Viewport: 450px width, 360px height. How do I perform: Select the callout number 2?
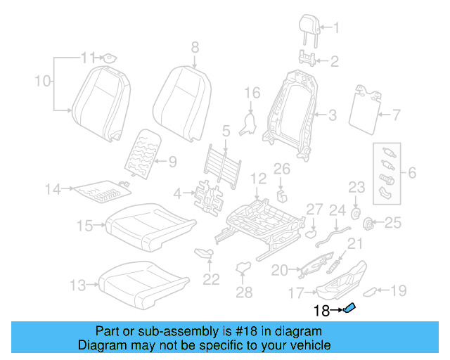click(x=335, y=62)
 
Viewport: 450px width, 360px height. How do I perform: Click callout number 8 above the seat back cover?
click(x=195, y=47)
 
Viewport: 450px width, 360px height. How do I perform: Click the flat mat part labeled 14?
click(x=102, y=189)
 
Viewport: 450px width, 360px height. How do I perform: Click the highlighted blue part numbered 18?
click(x=349, y=308)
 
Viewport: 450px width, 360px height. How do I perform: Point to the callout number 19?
click(x=398, y=289)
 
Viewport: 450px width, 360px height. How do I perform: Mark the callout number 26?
click(x=281, y=169)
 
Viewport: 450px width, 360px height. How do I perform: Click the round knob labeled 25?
click(x=367, y=224)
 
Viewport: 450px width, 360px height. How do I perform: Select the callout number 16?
click(x=252, y=93)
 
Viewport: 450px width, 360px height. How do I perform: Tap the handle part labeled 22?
click(x=203, y=253)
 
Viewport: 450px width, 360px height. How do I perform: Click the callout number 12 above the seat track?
click(x=258, y=180)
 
